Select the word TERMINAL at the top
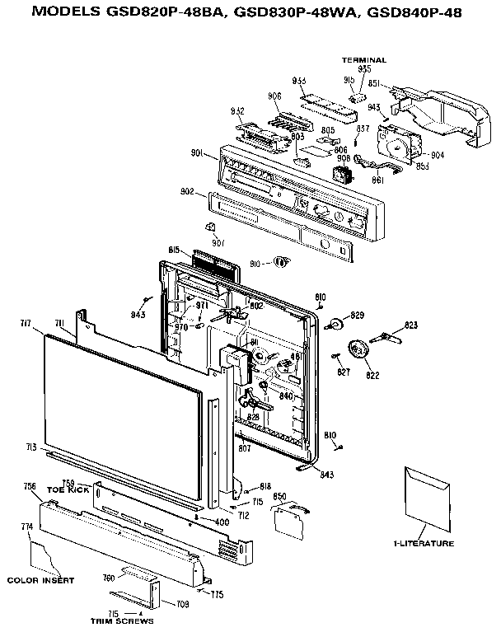(x=364, y=60)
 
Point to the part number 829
(x=357, y=316)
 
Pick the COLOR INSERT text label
(x=40, y=580)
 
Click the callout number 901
(x=198, y=152)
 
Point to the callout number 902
(x=187, y=192)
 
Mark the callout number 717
(x=26, y=322)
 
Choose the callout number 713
(x=31, y=447)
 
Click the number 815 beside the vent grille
(x=175, y=250)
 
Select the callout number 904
(x=437, y=154)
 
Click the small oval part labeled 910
(x=281, y=262)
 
